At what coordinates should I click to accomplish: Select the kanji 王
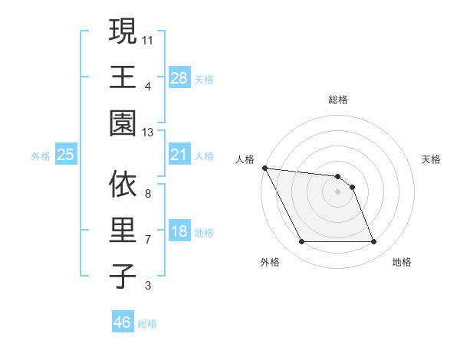tap(123, 77)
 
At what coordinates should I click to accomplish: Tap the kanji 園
tap(123, 123)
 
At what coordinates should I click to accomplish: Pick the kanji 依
tap(123, 184)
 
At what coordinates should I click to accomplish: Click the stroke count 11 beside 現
tap(147, 38)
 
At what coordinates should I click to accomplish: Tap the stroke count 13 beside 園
tap(147, 133)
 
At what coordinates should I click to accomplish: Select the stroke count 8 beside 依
tap(147, 194)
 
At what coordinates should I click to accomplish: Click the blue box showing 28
tap(179, 77)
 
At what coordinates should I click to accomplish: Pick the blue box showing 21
tap(179, 155)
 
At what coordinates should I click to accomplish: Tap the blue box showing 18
tap(179, 232)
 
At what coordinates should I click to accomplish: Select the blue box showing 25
tap(66, 155)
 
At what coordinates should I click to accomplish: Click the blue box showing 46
tap(122, 322)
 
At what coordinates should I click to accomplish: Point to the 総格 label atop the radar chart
tap(338, 100)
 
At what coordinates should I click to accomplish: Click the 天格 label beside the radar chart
tap(432, 159)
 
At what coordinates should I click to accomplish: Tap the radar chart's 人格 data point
tap(264, 168)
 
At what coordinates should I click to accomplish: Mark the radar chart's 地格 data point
tap(373, 242)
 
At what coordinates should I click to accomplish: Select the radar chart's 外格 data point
tap(301, 242)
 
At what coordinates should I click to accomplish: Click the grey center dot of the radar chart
tap(337, 191)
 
